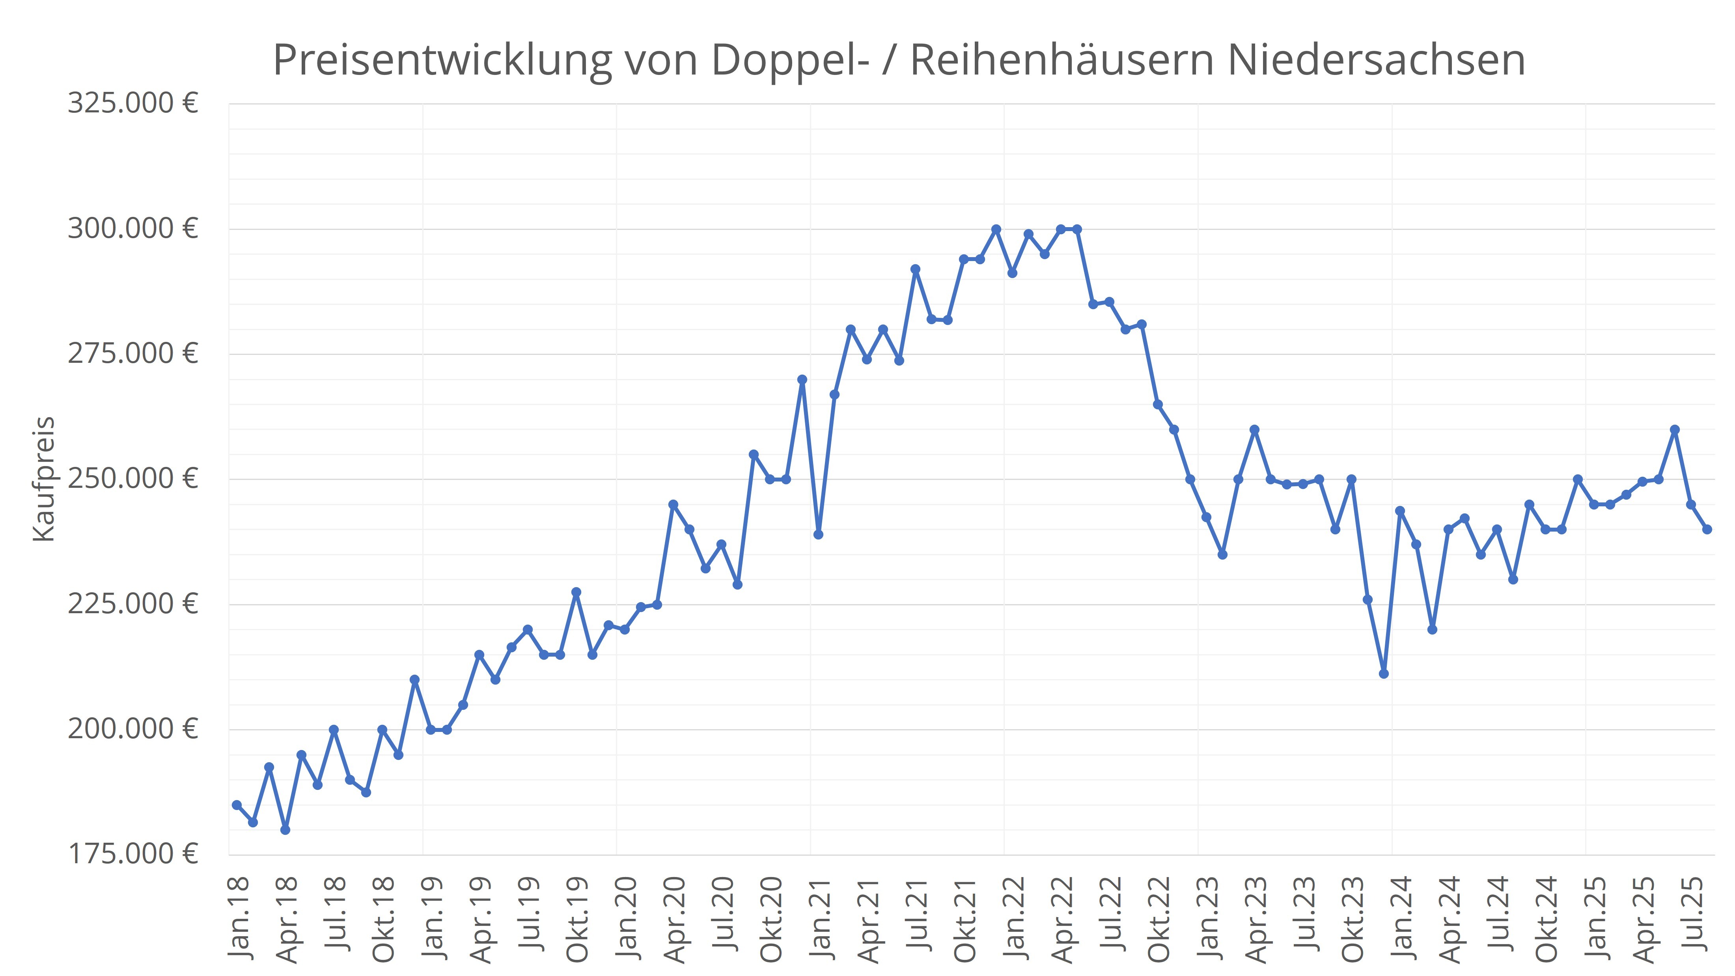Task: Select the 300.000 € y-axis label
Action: click(x=132, y=229)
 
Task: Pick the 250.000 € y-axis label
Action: click(x=132, y=479)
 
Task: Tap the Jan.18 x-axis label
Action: click(x=239, y=917)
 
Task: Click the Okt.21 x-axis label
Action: click(x=965, y=917)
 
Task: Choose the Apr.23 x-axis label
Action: click(x=1256, y=917)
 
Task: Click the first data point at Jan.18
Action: click(x=237, y=805)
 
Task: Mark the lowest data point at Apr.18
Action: click(x=285, y=830)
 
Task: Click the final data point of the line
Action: click(x=1707, y=530)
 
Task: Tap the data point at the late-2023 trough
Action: click(x=1383, y=674)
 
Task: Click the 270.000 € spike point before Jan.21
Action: click(x=802, y=379)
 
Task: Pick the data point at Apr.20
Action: click(x=673, y=504)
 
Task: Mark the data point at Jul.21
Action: click(x=915, y=269)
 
